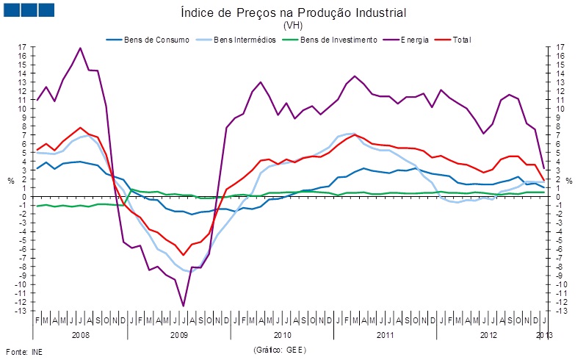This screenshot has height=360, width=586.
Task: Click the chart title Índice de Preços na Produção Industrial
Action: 292,13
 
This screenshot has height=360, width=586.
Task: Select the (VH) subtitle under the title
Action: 292,25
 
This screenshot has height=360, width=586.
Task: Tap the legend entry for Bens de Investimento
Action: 339,40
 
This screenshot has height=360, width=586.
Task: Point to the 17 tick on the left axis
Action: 23,47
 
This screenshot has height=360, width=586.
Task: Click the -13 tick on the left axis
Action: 21,311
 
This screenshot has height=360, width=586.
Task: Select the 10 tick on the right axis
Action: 560,109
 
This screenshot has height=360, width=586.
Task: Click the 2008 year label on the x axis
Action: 80,335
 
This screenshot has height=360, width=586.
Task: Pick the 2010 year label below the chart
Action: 282,335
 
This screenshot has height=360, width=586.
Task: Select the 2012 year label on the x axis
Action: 488,335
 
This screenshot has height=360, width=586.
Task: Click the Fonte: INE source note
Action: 24,351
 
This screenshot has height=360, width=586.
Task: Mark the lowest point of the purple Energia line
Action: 183,306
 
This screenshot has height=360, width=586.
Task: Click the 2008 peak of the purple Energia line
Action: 80,48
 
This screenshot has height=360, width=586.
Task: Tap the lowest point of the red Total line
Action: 183,255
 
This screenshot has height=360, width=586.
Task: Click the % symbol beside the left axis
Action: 10,180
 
